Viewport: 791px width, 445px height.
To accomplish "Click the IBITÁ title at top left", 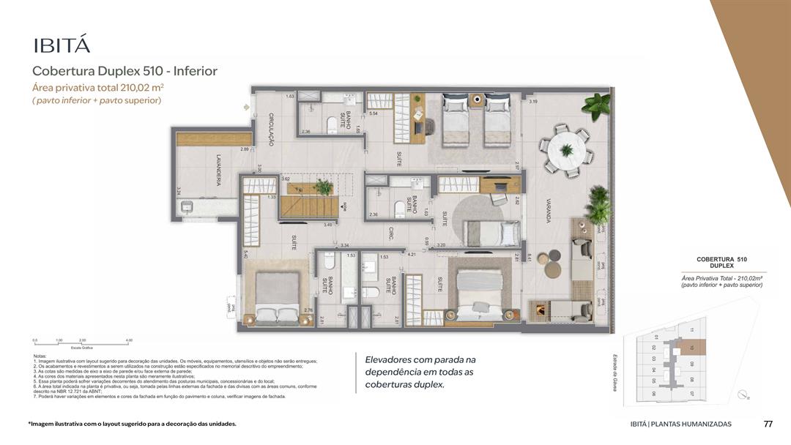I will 62,45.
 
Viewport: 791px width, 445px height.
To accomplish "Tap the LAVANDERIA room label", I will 218,169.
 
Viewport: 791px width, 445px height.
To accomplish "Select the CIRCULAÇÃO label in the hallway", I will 270,130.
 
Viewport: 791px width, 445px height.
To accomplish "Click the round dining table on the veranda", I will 566,151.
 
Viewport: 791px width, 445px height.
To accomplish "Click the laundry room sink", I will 187,208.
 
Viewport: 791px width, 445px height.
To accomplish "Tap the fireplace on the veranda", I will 541,310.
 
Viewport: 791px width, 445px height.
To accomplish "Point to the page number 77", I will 768,424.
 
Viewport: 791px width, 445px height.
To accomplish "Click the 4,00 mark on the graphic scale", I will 129,340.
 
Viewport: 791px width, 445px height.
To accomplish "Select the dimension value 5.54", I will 374,113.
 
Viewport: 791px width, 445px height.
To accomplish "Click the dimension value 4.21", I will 412,255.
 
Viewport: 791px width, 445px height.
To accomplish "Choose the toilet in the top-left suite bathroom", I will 332,124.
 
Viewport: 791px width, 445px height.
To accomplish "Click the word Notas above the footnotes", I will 40,356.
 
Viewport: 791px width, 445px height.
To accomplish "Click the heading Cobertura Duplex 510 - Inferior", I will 125,71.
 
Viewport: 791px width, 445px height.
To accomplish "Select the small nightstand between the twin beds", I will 476,101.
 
